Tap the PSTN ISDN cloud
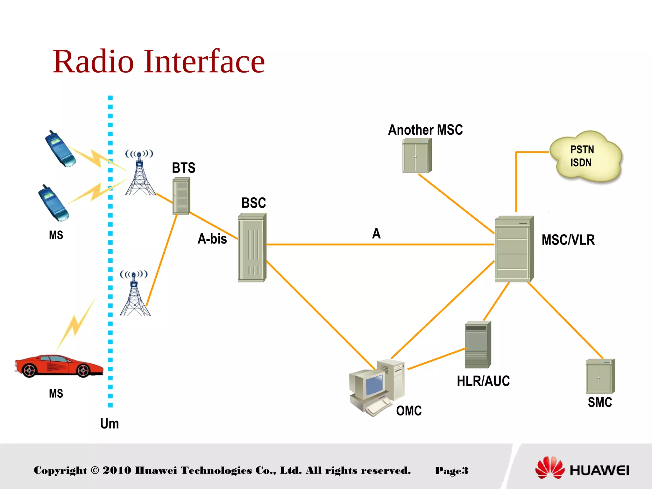pyautogui.click(x=585, y=157)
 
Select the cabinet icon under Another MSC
pyautogui.click(x=417, y=156)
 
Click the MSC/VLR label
pyautogui.click(x=568, y=240)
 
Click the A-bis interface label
pyautogui.click(x=212, y=239)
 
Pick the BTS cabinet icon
pyautogui.click(x=181, y=196)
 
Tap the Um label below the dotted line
pyautogui.click(x=110, y=423)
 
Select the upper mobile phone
pyautogui.click(x=60, y=149)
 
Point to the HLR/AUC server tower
pyautogui.click(x=478, y=345)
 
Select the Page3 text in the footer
pyautogui.click(x=451, y=471)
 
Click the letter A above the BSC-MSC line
pyautogui.click(x=376, y=233)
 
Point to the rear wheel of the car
pyautogui.click(x=29, y=371)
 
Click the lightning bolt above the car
pyautogui.click(x=76, y=325)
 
